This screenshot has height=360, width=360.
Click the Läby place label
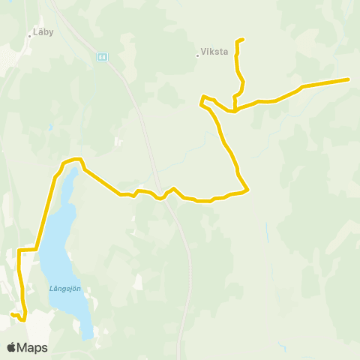tap(43, 33)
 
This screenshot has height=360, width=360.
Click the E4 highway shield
tap(102, 56)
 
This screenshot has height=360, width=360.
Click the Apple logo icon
tap(12, 347)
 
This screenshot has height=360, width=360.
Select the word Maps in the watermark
tap(32, 347)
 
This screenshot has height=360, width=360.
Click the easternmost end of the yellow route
tap(349, 79)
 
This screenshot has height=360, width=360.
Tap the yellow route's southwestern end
tap(12, 314)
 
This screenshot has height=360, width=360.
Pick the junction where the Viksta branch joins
tap(235, 110)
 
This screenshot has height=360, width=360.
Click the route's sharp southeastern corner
tap(247, 189)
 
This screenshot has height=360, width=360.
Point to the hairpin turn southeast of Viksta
tap(201, 100)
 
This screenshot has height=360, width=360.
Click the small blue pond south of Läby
tap(50, 127)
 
